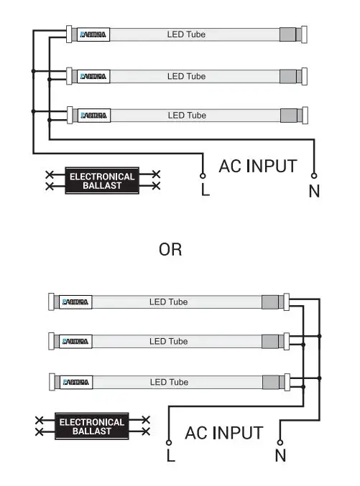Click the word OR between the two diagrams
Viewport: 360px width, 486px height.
click(170, 249)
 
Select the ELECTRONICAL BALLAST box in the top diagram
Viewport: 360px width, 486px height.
click(101, 181)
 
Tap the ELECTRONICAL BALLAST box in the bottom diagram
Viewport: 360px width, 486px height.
click(91, 426)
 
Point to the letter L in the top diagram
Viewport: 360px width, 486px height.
click(205, 192)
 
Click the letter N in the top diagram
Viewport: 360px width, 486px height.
click(314, 192)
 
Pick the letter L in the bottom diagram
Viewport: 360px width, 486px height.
click(170, 456)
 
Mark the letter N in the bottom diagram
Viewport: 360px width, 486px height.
click(280, 455)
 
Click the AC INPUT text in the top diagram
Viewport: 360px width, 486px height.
click(257, 167)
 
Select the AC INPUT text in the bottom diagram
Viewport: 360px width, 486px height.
click(223, 433)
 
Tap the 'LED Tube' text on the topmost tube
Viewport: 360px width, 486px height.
click(186, 34)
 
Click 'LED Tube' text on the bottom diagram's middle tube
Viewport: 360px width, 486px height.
click(168, 341)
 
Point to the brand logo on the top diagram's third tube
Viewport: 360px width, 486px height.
click(93, 115)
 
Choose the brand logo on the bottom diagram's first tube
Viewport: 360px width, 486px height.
click(75, 302)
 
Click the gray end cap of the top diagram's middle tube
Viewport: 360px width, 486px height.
click(288, 75)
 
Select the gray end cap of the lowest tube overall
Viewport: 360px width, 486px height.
click(271, 381)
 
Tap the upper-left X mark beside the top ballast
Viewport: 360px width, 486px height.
click(50, 174)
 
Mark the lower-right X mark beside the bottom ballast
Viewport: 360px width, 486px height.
click(146, 431)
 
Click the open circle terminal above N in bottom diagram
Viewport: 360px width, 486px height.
click(280, 442)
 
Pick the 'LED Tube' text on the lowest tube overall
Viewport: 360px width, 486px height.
click(168, 381)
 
